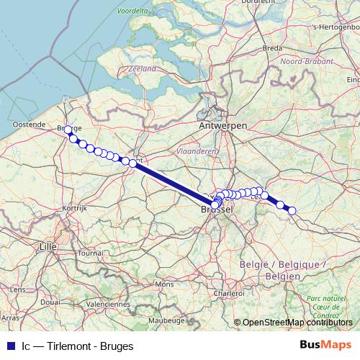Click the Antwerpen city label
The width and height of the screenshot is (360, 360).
223,126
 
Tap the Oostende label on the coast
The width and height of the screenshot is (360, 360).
29,125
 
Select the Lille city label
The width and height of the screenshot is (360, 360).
48,246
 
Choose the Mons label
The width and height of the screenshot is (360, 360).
164,284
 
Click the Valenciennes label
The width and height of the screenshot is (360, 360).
106,305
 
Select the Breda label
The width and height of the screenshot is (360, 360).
272,48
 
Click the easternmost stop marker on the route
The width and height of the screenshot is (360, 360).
292,210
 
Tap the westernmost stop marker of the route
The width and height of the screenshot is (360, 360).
68,130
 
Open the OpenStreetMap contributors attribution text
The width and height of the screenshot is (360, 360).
297,323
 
